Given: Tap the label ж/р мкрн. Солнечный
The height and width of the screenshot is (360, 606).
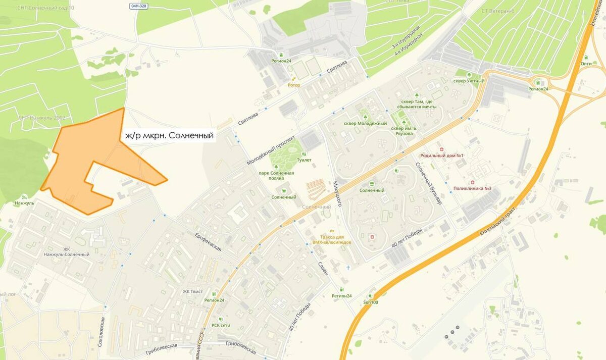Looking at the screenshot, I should pos(169,136).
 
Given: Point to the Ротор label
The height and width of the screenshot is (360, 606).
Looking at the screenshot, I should pos(293,85).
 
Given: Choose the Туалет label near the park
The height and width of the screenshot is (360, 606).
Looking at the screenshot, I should pos(305,160).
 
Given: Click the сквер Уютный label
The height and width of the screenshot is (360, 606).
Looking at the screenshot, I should pos(469,81).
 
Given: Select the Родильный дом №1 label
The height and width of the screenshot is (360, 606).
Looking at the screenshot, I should pos(441,156).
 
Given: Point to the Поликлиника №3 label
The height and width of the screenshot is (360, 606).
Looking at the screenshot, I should pos(472,188).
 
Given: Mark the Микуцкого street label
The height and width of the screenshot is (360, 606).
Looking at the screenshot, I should pos(338,194).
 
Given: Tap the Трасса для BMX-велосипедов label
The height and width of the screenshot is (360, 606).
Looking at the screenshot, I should pos(332,239).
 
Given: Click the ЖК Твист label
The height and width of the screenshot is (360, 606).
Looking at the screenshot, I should pos(192,291).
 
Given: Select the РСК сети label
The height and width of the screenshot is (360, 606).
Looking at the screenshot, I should pos(221,325).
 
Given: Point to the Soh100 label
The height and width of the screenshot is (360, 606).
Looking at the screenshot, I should pos(370,302).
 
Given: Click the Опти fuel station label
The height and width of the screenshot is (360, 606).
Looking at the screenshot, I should pos(586,64).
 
